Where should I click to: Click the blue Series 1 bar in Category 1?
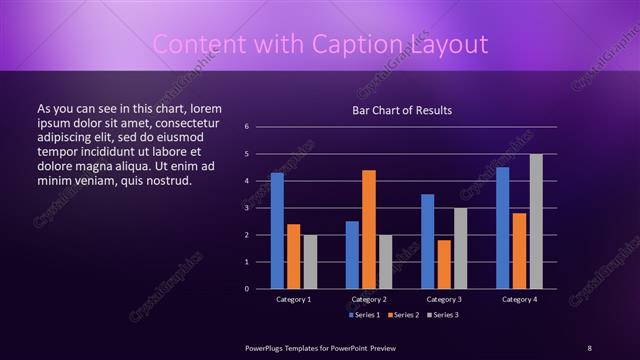(277, 230)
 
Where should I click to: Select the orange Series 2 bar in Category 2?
(369, 229)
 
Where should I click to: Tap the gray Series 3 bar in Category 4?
(536, 221)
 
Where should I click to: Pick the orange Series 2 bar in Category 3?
(444, 264)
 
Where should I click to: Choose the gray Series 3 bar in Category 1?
(310, 261)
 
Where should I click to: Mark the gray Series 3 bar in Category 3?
(461, 248)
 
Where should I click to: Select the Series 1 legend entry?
(363, 315)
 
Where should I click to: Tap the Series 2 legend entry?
(404, 315)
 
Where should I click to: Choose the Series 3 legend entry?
(445, 315)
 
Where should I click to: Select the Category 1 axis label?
(294, 299)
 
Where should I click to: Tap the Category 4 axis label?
(519, 299)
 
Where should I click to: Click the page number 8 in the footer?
(589, 347)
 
